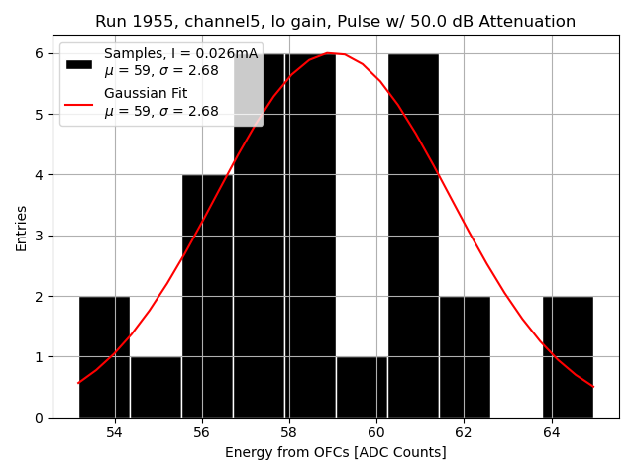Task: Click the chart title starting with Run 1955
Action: click(335, 22)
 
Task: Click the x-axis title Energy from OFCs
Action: click(335, 452)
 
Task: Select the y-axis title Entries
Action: click(22, 228)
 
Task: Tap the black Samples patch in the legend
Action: click(79, 63)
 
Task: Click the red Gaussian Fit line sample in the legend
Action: click(79, 102)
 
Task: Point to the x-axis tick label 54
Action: click(115, 432)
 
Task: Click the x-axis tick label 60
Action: click(376, 432)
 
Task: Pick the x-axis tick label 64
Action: click(551, 432)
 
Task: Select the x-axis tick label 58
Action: click(289, 432)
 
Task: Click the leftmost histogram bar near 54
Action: click(104, 357)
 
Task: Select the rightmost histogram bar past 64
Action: click(568, 357)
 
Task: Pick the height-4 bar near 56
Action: click(207, 297)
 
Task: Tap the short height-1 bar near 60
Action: click(362, 387)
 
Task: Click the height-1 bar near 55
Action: click(156, 387)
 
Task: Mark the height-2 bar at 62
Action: click(465, 357)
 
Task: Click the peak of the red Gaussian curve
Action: click(329, 53)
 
